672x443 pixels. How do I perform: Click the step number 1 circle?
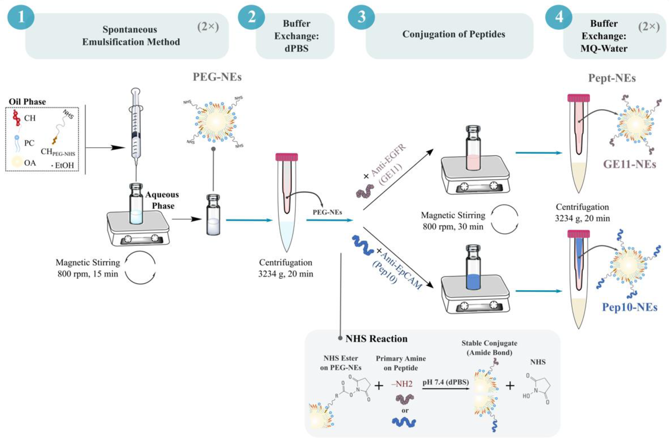tap(21, 17)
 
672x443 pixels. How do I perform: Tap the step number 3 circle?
tap(361, 17)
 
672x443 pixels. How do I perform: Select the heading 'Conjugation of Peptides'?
tap(453, 34)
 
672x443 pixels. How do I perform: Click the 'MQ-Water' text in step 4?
tap(604, 48)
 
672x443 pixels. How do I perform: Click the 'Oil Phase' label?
tap(27, 102)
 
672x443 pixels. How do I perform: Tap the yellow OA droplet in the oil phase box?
tap(17, 162)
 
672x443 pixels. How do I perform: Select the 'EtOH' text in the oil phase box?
tap(64, 165)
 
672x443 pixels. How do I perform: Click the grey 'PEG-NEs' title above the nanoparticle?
tap(217, 77)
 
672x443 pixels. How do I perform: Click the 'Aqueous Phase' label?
tap(162, 200)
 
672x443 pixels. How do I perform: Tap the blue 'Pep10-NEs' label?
tap(630, 307)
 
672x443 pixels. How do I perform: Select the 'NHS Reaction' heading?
tap(376, 339)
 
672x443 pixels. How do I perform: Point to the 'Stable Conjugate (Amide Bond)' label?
tap(489, 348)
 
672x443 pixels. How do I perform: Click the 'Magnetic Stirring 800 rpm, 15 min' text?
tap(88, 268)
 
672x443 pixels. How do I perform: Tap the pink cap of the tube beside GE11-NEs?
tap(578, 98)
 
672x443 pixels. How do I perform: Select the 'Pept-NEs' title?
tap(612, 78)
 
